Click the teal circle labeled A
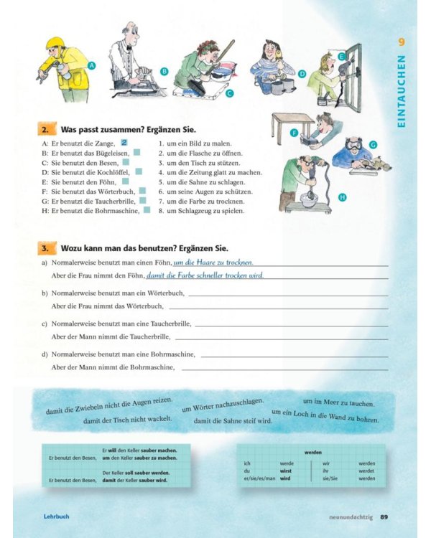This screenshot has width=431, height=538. tap(91, 65)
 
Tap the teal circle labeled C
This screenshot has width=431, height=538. tap(229, 93)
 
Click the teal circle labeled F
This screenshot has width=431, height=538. tap(294, 133)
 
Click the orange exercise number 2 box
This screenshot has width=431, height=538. tap(45, 130)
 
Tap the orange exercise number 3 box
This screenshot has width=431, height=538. tap(45, 248)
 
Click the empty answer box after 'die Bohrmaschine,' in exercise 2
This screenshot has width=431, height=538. tap(147, 211)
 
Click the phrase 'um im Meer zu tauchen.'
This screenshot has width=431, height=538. tap(338, 403)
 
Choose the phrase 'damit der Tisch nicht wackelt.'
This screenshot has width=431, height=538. tap(128, 420)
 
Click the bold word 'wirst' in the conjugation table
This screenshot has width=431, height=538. tap(286, 471)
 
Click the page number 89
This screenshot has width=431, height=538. tap(384, 516)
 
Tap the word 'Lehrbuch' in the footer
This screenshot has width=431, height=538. tap(56, 516)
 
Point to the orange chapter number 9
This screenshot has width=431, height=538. tap(402, 42)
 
